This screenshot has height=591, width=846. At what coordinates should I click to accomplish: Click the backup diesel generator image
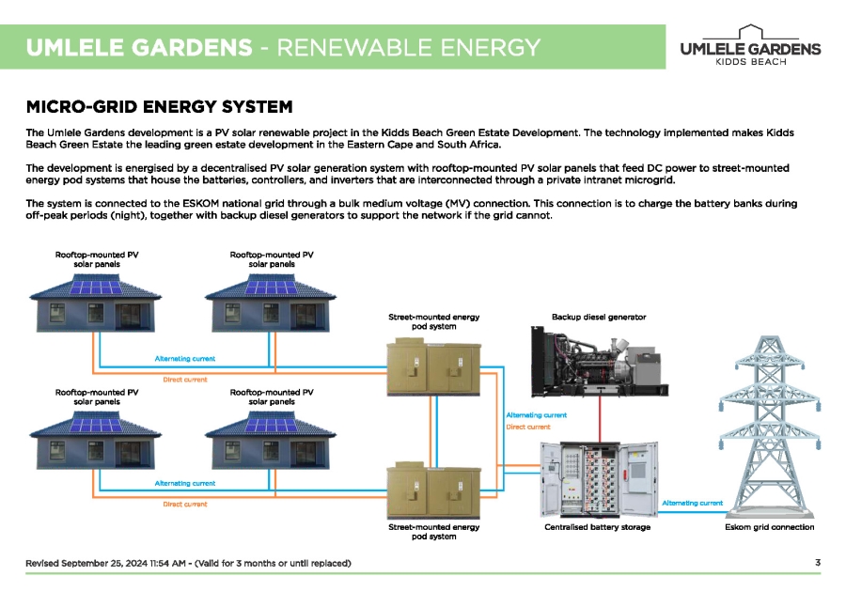598,361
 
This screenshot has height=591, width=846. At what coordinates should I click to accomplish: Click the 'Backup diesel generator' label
598,318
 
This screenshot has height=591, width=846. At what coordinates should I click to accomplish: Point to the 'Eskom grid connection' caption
769,527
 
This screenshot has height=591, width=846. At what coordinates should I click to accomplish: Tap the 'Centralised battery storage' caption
597,527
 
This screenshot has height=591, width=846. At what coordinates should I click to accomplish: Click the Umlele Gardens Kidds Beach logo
749,46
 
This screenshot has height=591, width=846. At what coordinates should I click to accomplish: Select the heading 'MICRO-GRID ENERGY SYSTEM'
159,106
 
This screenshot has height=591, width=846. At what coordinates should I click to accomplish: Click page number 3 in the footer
818,563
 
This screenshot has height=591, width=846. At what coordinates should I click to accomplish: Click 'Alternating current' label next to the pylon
692,504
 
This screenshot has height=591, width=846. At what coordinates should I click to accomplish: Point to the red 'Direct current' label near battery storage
527,427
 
